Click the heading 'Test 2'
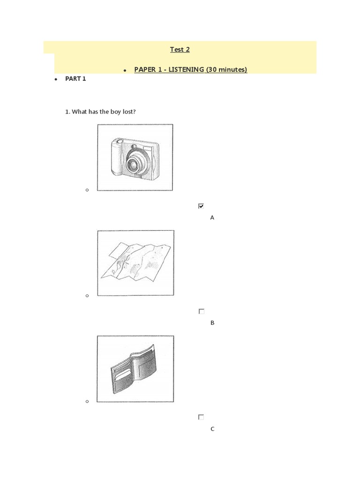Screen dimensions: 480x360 point(180,49)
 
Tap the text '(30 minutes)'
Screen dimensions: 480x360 point(226,69)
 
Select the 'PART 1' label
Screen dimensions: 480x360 point(75,79)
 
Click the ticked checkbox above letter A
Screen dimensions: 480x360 point(201,206)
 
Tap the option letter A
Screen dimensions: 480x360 point(212,217)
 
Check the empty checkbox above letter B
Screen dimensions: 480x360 point(201,311)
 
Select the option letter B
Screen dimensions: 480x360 point(212,323)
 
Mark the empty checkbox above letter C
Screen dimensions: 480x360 point(201,417)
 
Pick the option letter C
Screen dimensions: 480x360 point(212,428)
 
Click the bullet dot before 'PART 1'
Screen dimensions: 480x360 point(55,79)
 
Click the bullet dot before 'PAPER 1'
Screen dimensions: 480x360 point(125,70)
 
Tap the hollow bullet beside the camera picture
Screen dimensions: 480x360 point(87,190)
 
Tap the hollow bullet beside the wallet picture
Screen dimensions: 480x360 point(87,402)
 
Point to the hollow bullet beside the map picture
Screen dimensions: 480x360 point(87,296)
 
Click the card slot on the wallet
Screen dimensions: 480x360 point(123,375)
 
